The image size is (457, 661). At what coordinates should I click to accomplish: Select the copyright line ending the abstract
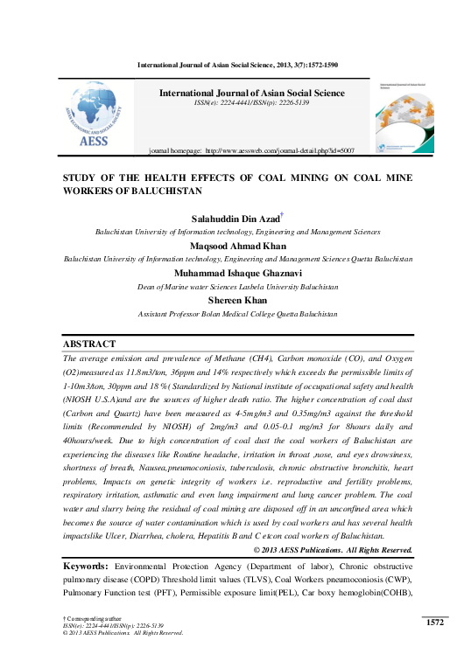click(333, 549)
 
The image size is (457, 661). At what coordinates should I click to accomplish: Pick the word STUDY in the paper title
click(84, 176)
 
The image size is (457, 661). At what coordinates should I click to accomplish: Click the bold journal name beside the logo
click(251, 92)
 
